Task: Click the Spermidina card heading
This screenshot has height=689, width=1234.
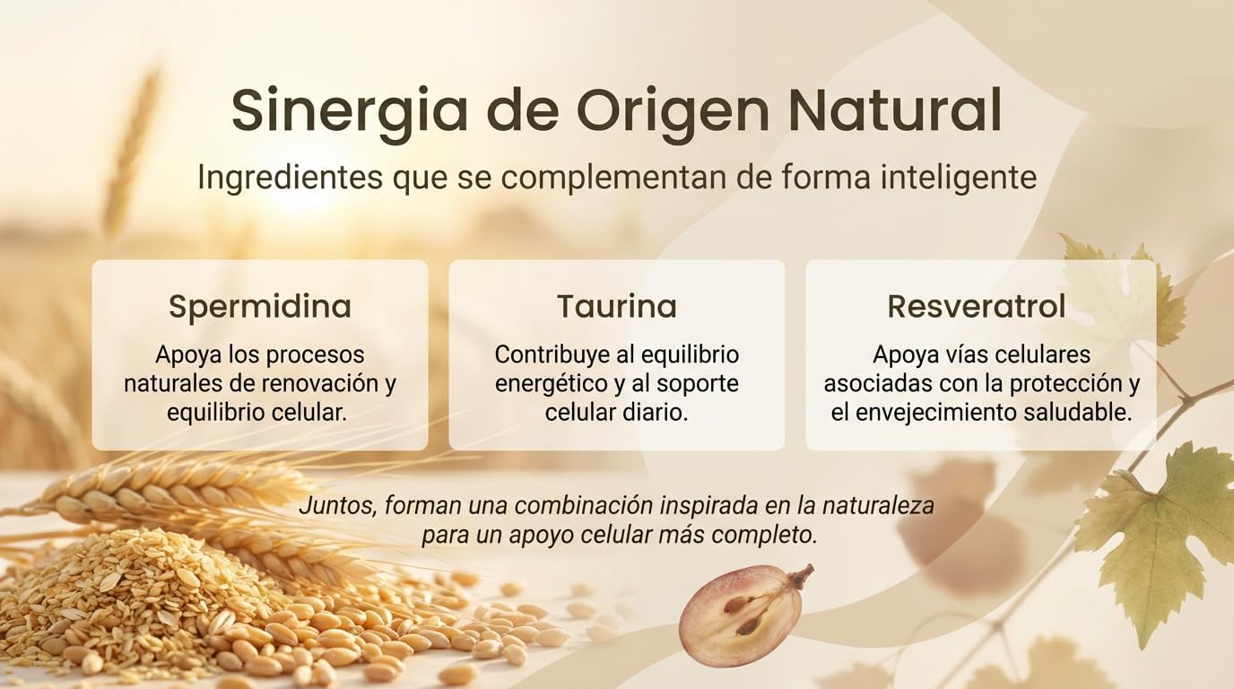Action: (x=259, y=307)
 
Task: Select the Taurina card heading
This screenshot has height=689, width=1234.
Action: (x=616, y=307)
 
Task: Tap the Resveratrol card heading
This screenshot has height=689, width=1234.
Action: (x=977, y=307)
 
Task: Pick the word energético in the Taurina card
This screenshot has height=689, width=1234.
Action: (x=550, y=384)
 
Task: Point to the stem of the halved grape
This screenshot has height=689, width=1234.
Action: (x=800, y=575)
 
